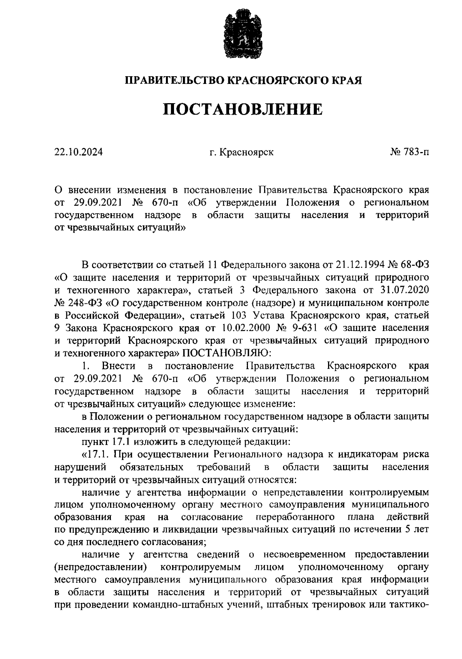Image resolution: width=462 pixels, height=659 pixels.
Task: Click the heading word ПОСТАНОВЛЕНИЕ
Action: coord(243,110)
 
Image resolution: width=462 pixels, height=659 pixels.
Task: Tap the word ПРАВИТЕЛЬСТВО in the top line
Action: coord(175,80)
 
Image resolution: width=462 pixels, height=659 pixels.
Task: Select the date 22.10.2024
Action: coord(79,152)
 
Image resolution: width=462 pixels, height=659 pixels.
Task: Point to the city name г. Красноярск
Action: coord(241,152)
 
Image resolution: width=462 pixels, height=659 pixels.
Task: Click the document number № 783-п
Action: coord(409,152)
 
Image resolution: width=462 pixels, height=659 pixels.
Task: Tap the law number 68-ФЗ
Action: coord(415,265)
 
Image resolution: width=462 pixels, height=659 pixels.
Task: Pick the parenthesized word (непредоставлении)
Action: coord(101,567)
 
